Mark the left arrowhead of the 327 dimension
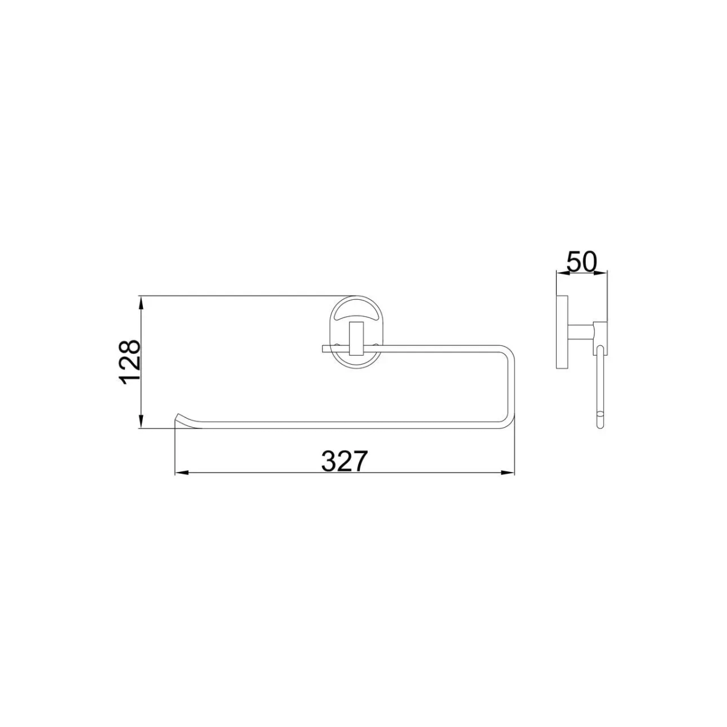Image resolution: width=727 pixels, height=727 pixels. (182, 473)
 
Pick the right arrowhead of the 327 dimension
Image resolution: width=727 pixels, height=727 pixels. (508, 473)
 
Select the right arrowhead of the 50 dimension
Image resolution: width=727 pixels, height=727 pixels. (600, 273)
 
